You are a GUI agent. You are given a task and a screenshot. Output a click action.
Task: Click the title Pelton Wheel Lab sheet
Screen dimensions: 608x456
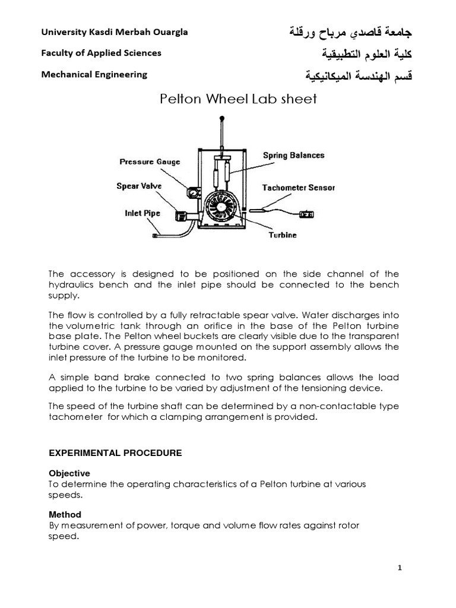[x=239, y=99]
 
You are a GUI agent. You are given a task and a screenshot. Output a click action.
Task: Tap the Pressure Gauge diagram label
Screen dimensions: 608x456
[x=150, y=161]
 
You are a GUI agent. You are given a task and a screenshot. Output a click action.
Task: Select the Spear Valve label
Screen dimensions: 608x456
[x=139, y=186]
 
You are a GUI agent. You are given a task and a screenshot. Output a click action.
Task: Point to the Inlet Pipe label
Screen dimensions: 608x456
[x=141, y=213]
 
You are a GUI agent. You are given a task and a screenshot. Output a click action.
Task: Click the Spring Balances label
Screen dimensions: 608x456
[x=293, y=156]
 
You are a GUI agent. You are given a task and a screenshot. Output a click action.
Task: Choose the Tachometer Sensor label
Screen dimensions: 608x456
[x=299, y=188]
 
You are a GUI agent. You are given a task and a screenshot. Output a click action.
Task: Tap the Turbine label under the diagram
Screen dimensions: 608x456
[x=282, y=235]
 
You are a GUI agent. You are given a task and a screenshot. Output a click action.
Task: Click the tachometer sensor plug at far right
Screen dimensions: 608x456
[x=308, y=213]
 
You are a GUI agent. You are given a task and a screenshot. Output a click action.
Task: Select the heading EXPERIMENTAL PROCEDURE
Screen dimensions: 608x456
[x=115, y=452]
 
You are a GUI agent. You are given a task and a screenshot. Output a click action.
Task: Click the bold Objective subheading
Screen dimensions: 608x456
[x=69, y=473]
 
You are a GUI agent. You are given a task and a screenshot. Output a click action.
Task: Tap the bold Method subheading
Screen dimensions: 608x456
[x=65, y=514]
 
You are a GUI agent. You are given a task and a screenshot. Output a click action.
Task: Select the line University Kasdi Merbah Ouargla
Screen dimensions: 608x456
[x=114, y=32]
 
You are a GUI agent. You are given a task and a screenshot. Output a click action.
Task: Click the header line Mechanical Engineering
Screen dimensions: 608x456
[x=94, y=75]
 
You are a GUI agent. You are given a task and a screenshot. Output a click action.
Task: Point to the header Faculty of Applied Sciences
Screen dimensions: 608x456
[x=100, y=53]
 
